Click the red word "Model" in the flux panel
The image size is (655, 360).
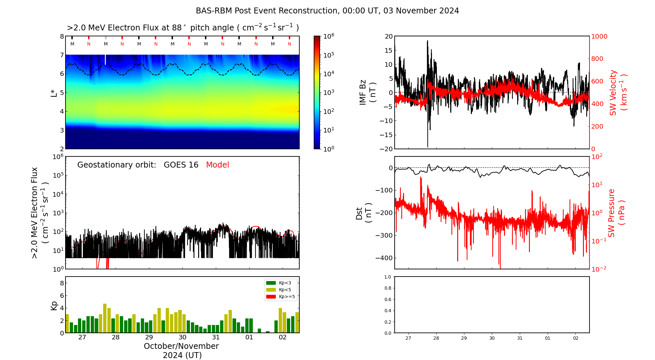[217, 165]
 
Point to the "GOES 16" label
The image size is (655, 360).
[181, 165]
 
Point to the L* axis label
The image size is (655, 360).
[54, 93]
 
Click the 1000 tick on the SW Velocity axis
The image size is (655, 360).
[599, 36]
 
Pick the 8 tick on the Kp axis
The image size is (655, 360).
[62, 283]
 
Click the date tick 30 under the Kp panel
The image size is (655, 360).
[182, 337]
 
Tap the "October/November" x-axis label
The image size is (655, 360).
[181, 346]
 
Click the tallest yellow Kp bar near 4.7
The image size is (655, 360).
[105, 318]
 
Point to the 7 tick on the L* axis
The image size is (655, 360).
[62, 55]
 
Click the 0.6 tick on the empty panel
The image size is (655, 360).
[387, 299]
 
